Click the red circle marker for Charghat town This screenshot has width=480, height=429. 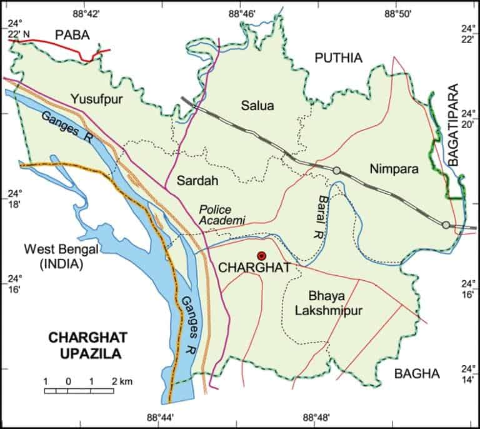[262, 255]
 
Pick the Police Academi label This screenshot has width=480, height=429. [222, 214]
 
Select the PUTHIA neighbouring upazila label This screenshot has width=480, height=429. [338, 58]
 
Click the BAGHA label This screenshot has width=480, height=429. [417, 374]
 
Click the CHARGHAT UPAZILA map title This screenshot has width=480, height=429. [87, 345]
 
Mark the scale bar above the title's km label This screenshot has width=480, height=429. [79, 391]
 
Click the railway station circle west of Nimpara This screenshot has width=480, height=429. [337, 170]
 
